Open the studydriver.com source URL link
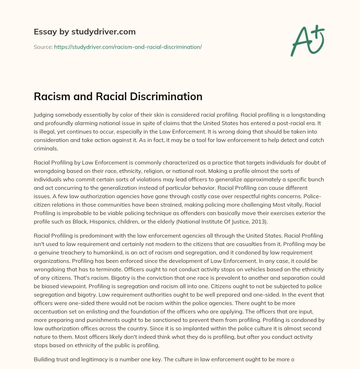coord(128,47)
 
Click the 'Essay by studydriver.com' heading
coord(84,32)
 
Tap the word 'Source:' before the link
coord(43,47)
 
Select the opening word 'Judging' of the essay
coord(44,115)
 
